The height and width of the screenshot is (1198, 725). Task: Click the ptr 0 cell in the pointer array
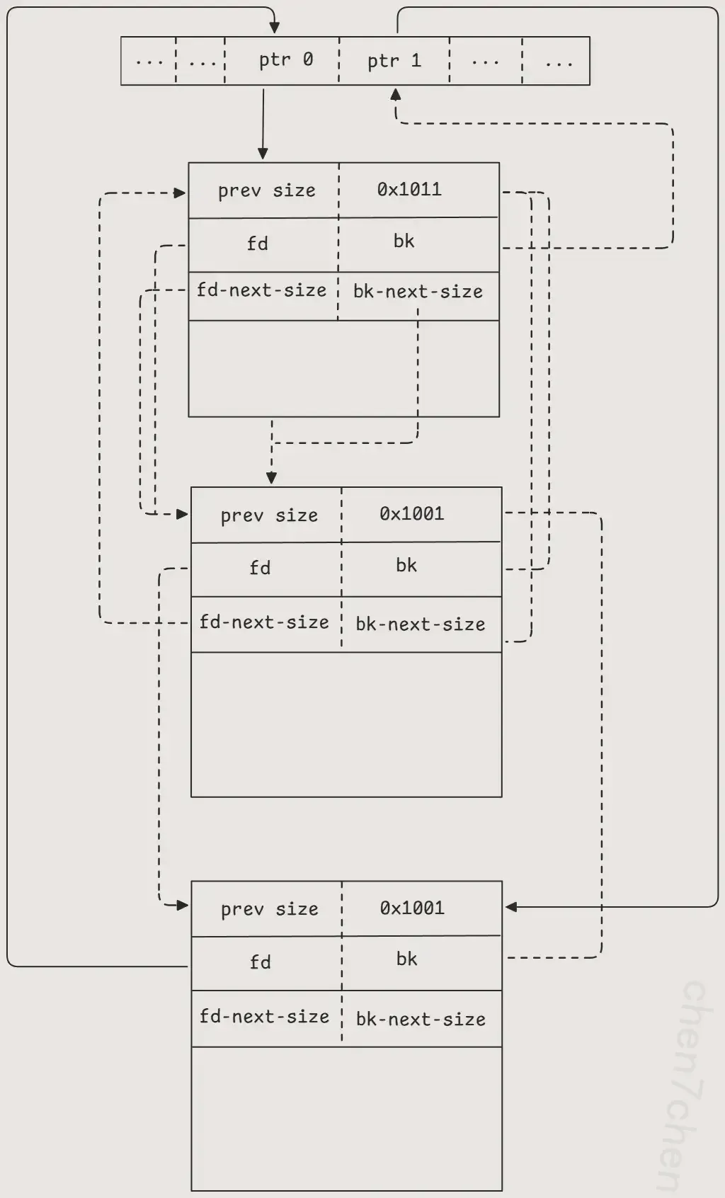[x=285, y=60]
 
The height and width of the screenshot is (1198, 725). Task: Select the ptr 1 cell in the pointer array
[x=394, y=61]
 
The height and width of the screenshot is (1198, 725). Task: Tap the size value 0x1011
[x=409, y=190]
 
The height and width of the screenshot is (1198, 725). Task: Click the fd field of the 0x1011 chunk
[x=258, y=244]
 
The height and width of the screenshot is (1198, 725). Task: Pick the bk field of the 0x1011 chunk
[x=404, y=241]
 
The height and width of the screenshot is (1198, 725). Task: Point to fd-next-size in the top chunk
[x=261, y=290]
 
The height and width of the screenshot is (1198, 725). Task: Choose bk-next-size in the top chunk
[x=418, y=292]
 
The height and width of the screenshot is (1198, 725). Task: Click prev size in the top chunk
[x=266, y=190]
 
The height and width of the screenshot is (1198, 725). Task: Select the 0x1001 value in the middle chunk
[x=411, y=514]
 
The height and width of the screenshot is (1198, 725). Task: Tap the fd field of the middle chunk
[x=260, y=568]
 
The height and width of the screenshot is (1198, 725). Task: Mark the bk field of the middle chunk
[x=406, y=565]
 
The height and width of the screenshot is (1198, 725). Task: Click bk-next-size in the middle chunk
[x=421, y=624]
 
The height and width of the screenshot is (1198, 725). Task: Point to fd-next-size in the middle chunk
[x=264, y=622]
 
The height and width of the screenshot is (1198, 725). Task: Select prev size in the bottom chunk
[x=269, y=909]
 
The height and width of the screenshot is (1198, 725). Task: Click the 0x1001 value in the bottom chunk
[x=412, y=908]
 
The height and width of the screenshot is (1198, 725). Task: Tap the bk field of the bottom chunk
[x=406, y=959]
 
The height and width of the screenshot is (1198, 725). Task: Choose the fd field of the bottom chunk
[x=260, y=962]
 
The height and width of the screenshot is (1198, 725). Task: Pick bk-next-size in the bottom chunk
[x=421, y=1020]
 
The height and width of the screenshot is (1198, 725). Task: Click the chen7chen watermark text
[x=683, y=1083]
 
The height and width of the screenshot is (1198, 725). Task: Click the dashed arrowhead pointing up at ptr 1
[x=396, y=94]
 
